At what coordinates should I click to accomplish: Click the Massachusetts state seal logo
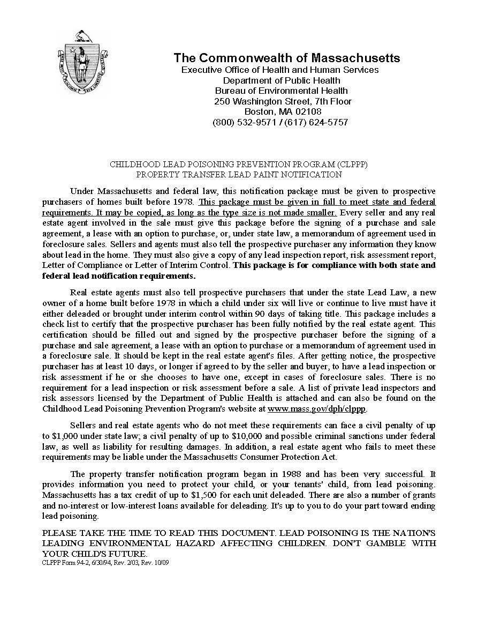(82, 63)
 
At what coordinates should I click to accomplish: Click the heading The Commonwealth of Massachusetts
(286, 58)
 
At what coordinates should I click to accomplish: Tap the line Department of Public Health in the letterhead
(281, 80)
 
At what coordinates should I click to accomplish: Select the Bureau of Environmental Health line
(281, 91)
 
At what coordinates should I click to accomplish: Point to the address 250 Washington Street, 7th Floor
(283, 101)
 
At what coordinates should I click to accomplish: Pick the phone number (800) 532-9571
(244, 122)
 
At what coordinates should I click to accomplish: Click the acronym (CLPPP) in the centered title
(352, 164)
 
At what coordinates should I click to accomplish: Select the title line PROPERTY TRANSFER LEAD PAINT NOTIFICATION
(239, 174)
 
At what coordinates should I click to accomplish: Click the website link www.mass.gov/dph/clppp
(316, 409)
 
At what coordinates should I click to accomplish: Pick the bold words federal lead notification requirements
(118, 276)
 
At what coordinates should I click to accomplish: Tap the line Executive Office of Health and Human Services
(280, 70)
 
